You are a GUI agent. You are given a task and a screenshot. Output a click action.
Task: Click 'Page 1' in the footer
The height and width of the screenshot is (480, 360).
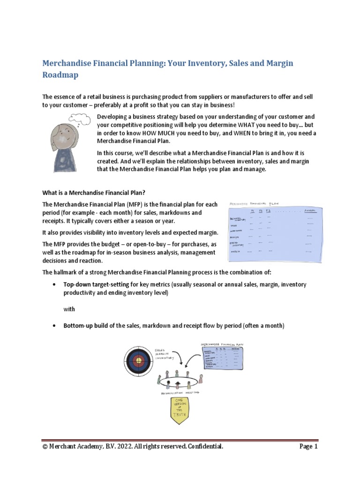pos(308,447)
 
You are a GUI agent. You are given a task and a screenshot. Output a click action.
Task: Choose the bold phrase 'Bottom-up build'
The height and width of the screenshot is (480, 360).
pos(86,326)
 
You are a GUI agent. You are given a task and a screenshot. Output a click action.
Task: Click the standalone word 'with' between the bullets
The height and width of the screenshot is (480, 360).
pos(69,309)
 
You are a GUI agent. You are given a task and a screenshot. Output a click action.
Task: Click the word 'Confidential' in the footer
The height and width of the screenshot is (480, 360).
pos(203,447)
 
